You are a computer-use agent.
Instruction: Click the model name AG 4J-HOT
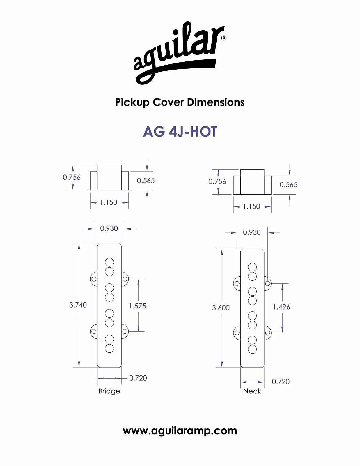point(180,132)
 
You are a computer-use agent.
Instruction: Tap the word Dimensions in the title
point(216,102)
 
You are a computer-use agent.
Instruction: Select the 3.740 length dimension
point(78,305)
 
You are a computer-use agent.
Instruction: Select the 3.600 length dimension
point(221,308)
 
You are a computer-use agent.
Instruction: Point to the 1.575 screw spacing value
point(137,306)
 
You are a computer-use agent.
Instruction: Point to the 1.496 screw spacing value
point(281,307)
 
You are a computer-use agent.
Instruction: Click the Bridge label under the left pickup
point(109,391)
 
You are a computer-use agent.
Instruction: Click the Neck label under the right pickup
point(252,391)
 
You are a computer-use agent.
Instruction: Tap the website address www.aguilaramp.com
point(180,431)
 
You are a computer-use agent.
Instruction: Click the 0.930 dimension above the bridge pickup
point(109,229)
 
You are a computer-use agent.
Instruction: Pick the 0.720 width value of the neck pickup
point(281,382)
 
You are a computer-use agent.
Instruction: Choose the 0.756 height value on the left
point(72,177)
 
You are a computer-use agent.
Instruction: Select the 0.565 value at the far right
point(288,185)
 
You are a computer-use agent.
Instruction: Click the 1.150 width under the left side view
point(108,202)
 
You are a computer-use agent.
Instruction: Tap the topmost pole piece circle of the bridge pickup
point(109,262)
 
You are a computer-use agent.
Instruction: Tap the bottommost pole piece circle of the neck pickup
point(252,349)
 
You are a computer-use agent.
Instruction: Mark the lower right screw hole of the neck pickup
point(267,333)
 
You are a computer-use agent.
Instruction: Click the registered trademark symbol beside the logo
point(224,38)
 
